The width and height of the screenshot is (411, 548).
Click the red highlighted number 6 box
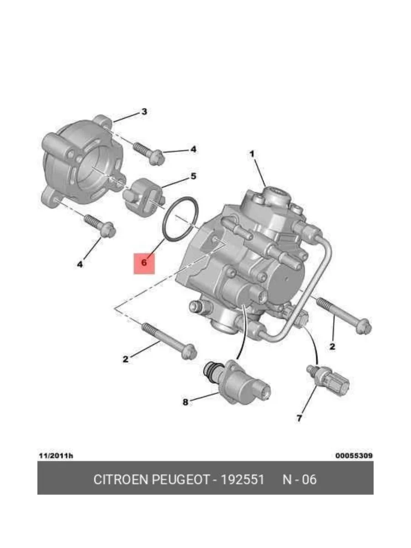pos(144,263)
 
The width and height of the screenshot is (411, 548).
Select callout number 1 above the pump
pos(252,154)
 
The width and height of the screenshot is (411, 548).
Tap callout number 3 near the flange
pos(144,111)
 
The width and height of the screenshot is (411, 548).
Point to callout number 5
pos(193,176)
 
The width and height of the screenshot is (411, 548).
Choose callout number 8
pos(185,402)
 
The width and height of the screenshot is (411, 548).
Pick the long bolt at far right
pos(344,315)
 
